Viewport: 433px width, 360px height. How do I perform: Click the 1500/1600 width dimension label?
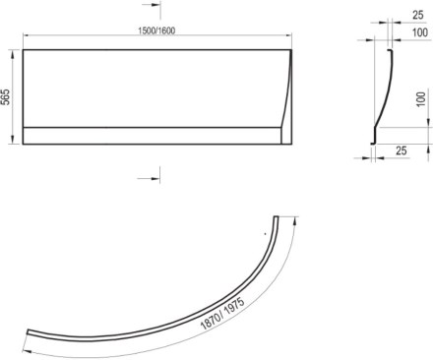coord(156,30)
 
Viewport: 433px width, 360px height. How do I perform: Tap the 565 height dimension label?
coord(6,96)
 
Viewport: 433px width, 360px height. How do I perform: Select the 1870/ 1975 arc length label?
coord(222,314)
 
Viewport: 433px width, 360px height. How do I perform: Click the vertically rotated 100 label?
coord(421,98)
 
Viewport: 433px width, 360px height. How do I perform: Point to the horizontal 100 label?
coord(420,32)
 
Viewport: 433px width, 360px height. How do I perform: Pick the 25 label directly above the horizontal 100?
coord(417,15)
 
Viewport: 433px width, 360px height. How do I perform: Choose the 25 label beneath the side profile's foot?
coord(401,150)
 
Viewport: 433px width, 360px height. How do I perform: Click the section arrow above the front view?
coord(152,6)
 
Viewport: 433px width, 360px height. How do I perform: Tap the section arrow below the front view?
coord(149,178)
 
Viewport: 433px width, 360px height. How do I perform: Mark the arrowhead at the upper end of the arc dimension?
coord(296,220)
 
